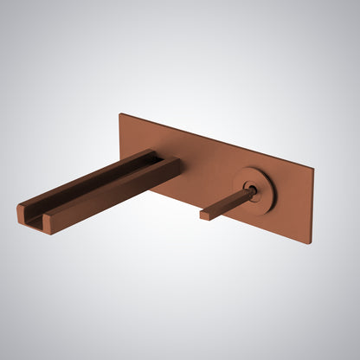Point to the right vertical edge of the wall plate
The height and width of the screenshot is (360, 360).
312,204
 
